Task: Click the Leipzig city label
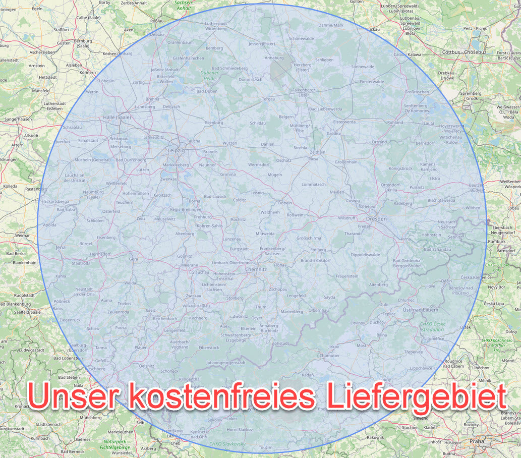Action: [x=176, y=150]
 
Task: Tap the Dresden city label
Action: [x=376, y=218]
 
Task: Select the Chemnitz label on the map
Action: [x=255, y=270]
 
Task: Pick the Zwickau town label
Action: [x=194, y=295]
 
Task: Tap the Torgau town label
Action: [x=268, y=99]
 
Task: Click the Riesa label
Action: [x=313, y=158]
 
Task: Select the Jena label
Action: [x=61, y=248]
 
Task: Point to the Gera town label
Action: [x=133, y=259]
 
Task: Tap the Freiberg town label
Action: [x=318, y=250]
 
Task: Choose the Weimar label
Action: [x=22, y=236]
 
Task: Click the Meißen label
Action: [x=337, y=192]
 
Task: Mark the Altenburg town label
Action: [x=184, y=234]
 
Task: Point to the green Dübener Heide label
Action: [x=209, y=76]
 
